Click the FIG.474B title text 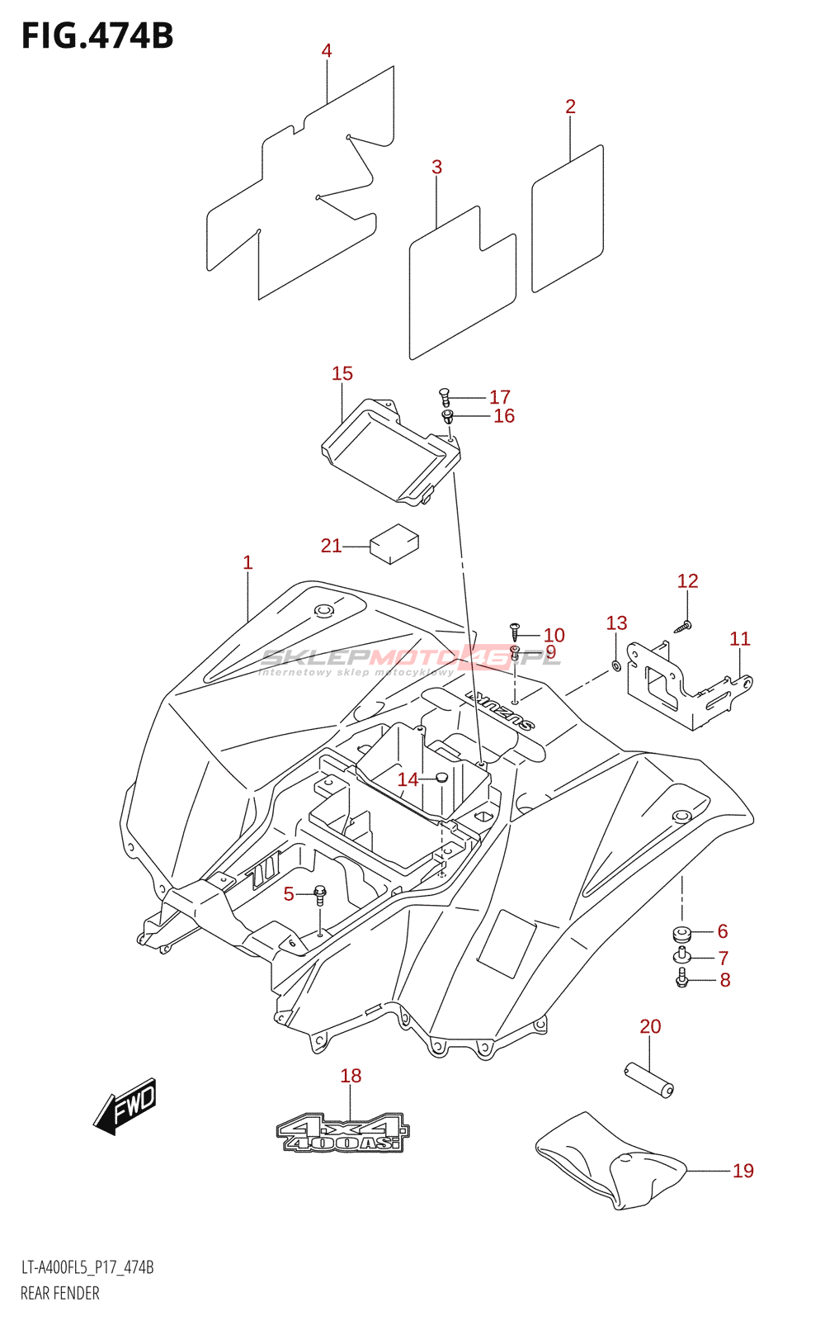[x=97, y=36]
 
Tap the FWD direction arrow [x=125, y=1106]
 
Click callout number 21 [x=331, y=546]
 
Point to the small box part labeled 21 [x=394, y=544]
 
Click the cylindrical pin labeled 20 [x=648, y=1079]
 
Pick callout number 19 [x=742, y=1171]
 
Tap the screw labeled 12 [x=683, y=627]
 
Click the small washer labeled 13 [x=615, y=665]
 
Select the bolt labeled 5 [x=320, y=893]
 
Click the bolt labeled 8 [x=681, y=979]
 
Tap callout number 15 [x=342, y=374]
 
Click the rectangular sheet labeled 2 [x=568, y=219]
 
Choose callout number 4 [x=327, y=51]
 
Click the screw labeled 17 [x=445, y=396]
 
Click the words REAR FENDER [x=59, y=1293]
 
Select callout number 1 [x=247, y=563]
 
